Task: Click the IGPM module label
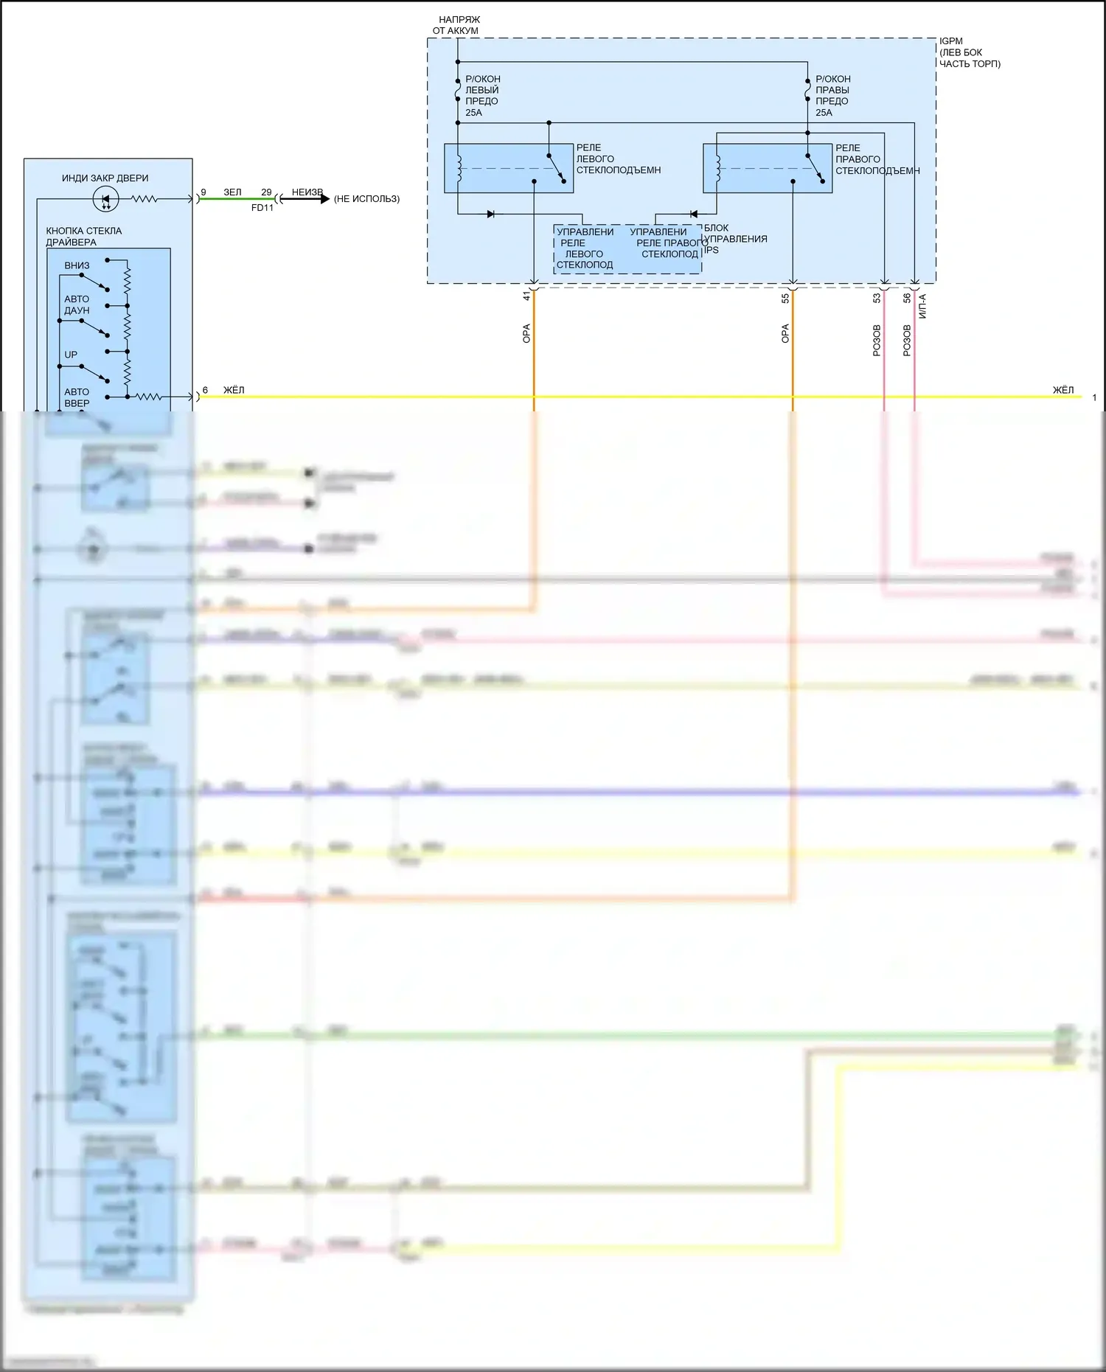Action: point(951,41)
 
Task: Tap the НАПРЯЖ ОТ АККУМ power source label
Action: point(456,25)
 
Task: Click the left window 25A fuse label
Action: point(482,96)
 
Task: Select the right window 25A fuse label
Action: point(832,96)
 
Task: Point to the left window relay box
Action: point(509,168)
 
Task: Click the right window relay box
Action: point(768,168)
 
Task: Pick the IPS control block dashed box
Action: point(627,249)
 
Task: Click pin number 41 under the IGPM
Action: point(526,296)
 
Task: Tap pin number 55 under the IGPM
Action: point(785,298)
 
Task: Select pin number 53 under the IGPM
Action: point(877,299)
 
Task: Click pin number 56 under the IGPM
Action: point(907,298)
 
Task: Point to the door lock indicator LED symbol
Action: point(105,199)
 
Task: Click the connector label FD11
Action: point(262,208)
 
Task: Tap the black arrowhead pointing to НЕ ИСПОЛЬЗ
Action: point(324,198)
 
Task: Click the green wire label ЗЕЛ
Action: point(232,192)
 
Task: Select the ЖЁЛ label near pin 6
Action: point(234,390)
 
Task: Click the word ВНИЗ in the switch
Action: point(77,265)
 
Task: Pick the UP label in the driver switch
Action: point(71,355)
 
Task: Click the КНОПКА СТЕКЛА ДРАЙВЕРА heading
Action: point(83,236)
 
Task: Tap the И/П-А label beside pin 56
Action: point(922,306)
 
